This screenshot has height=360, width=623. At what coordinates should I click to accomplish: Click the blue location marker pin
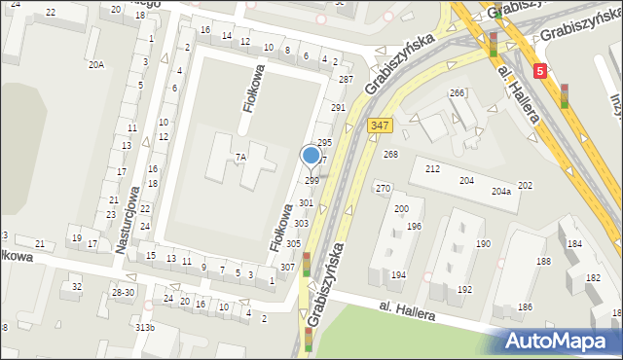click(311, 156)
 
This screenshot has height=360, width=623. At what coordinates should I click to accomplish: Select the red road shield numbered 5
click(540, 70)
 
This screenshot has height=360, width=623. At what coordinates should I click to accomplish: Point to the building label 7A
click(239, 157)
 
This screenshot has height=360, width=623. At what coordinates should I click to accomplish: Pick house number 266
click(457, 92)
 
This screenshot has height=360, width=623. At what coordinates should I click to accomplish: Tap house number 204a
click(500, 192)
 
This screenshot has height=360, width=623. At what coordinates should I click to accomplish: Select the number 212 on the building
click(432, 169)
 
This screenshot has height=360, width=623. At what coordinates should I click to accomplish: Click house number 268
click(391, 155)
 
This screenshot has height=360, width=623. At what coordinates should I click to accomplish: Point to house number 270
click(384, 188)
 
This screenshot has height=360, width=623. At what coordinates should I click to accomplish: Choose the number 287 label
click(346, 78)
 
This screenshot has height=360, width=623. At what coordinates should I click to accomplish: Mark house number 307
click(287, 267)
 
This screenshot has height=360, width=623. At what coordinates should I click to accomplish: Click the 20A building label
click(95, 64)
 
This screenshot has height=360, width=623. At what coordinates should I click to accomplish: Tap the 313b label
click(145, 327)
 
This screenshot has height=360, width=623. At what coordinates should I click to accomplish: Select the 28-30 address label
click(123, 292)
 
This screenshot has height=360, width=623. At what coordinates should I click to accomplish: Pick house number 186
click(526, 307)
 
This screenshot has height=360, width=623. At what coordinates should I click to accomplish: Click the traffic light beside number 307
click(307, 264)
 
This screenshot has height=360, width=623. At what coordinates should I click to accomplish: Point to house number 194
click(398, 275)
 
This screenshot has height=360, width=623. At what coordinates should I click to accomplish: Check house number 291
click(338, 108)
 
